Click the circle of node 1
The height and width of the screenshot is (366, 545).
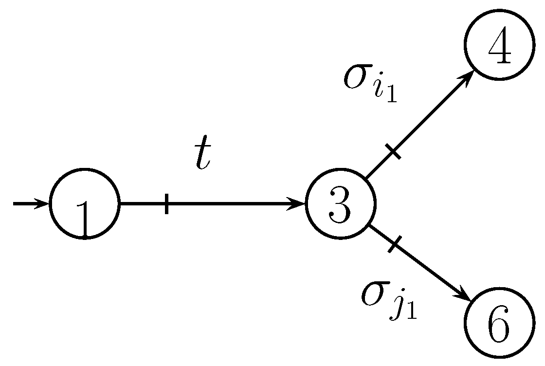(x=85, y=203)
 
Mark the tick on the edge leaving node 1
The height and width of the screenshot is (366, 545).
(x=167, y=203)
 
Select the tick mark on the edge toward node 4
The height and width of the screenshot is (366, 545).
(x=395, y=152)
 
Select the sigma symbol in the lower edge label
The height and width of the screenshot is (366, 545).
(x=374, y=293)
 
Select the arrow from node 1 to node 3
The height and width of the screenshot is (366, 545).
(x=234, y=203)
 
